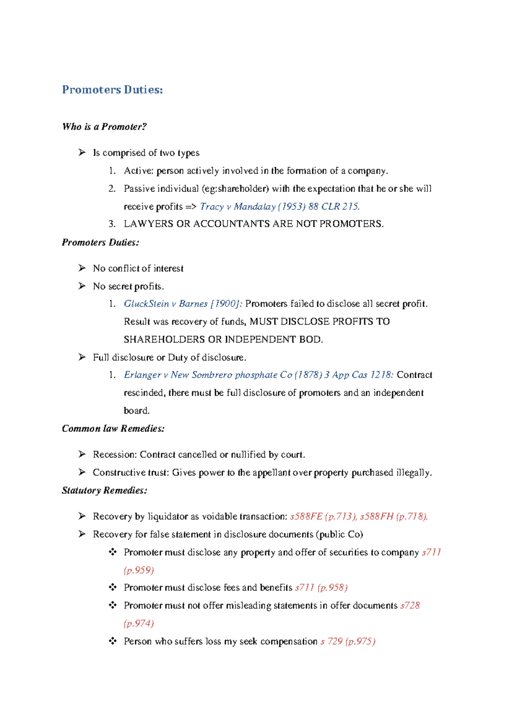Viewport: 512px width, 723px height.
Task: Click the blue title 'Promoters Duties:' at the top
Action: (x=112, y=90)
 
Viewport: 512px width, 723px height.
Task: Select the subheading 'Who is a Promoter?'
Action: (x=105, y=127)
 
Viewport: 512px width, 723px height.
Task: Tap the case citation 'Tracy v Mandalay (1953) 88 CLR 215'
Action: (x=279, y=207)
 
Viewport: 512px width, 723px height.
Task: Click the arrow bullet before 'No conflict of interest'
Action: (x=82, y=268)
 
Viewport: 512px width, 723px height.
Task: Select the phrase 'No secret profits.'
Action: (x=128, y=286)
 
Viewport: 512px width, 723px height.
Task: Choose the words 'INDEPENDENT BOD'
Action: (x=273, y=340)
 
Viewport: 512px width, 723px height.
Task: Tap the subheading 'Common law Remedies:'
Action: (x=113, y=429)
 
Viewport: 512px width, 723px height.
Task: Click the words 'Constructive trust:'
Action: (x=131, y=473)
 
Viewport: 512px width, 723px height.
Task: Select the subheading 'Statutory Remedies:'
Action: (x=105, y=491)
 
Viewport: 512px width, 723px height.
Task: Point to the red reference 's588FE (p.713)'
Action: (x=323, y=517)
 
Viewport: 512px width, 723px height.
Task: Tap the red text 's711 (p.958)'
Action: (x=321, y=588)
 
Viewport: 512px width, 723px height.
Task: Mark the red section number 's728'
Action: (x=410, y=606)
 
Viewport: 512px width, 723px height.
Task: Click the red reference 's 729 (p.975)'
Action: (x=348, y=642)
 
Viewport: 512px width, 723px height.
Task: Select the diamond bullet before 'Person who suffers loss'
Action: (x=113, y=641)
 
